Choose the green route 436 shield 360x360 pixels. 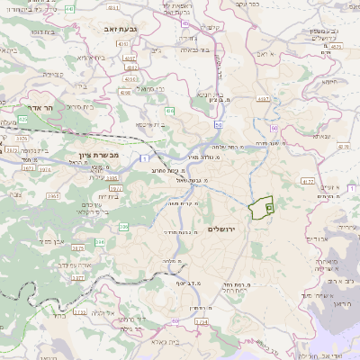click(x=168, y=112)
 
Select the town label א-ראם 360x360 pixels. click(x=261, y=54)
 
